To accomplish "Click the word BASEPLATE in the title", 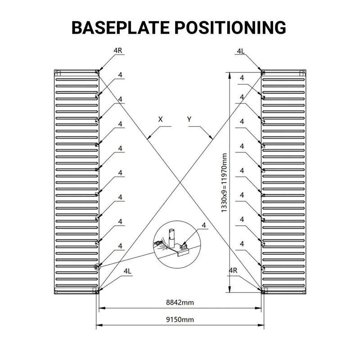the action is (x=121, y=27).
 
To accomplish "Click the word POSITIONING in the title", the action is (x=230, y=27).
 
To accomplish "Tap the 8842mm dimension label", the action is (x=180, y=302).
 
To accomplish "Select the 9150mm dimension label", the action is (x=180, y=319).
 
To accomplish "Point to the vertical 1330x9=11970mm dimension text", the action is (x=224, y=183).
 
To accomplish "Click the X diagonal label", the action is (x=160, y=119).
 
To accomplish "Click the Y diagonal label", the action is (x=189, y=119).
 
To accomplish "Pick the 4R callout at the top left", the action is (x=118, y=50).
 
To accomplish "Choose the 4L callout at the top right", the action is (x=241, y=51).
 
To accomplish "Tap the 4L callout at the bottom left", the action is (x=127, y=271).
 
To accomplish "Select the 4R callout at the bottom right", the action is (x=233, y=270).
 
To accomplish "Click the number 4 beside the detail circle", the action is (x=204, y=225).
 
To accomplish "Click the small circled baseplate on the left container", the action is (x=97, y=266).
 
